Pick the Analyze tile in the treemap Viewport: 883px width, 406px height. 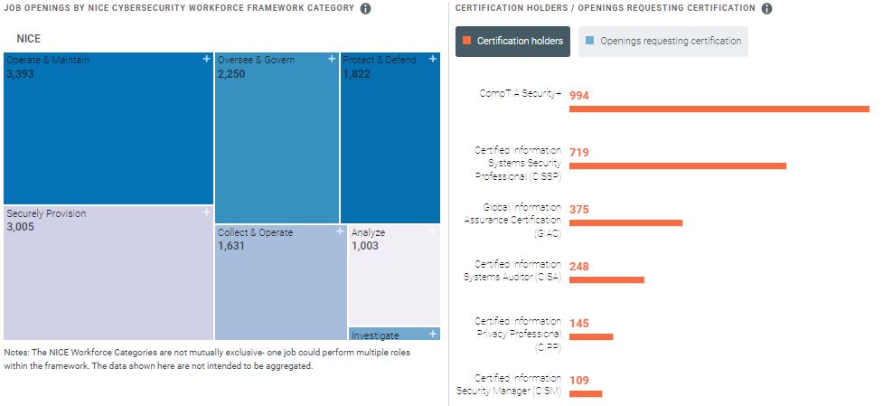(394, 276)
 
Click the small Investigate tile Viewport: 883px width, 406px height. (394, 334)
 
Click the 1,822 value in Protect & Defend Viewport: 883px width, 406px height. (357, 74)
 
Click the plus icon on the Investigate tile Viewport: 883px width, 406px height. (433, 334)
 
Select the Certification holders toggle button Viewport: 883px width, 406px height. (512, 41)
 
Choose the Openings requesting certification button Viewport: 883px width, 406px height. (663, 41)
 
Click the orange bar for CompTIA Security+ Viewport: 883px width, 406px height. (719, 109)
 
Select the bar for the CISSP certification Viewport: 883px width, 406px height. (677, 166)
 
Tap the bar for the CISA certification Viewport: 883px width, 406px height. (606, 279)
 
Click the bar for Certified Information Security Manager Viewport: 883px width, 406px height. (585, 393)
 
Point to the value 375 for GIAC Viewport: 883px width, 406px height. (579, 210)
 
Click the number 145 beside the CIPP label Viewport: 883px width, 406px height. (579, 324)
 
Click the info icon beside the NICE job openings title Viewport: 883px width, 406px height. (365, 9)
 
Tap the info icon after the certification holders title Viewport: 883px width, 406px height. (766, 9)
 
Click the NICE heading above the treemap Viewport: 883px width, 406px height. (29, 40)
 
